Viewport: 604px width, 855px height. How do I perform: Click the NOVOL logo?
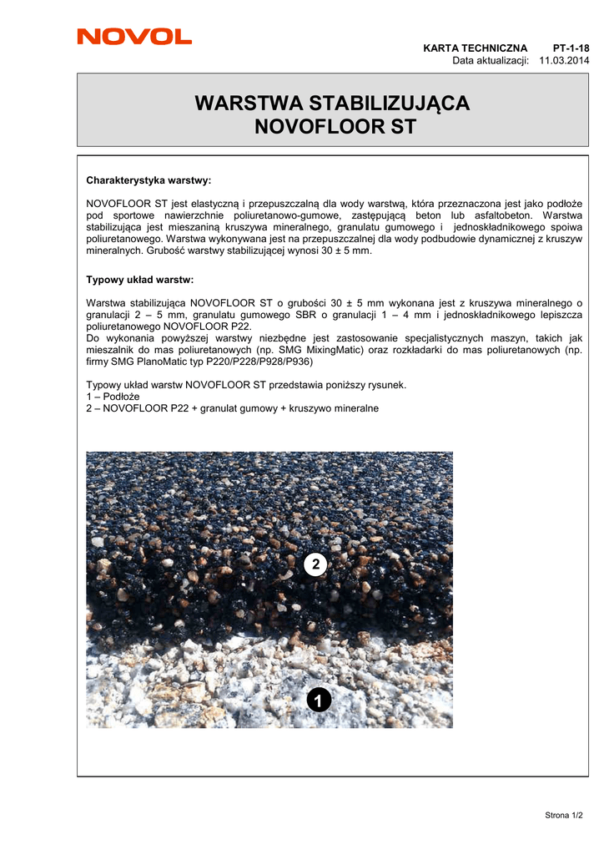pos(134,37)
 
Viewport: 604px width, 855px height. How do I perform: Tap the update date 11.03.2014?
pos(564,60)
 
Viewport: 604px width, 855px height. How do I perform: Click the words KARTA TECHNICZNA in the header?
pos(476,48)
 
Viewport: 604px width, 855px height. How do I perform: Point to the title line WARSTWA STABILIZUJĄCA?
pos(332,104)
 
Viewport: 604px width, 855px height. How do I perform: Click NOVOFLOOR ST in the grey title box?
pos(332,128)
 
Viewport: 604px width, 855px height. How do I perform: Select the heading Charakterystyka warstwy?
pos(148,180)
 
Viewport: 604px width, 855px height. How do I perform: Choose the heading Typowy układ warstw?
pos(139,279)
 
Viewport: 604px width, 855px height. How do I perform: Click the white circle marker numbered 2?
pos(315,565)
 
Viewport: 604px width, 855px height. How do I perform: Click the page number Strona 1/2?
pos(563,815)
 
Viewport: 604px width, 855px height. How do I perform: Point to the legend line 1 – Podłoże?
pos(113,396)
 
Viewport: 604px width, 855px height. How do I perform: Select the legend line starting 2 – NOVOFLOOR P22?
pos(232,408)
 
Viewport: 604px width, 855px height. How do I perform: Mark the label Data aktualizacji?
pos(491,60)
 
